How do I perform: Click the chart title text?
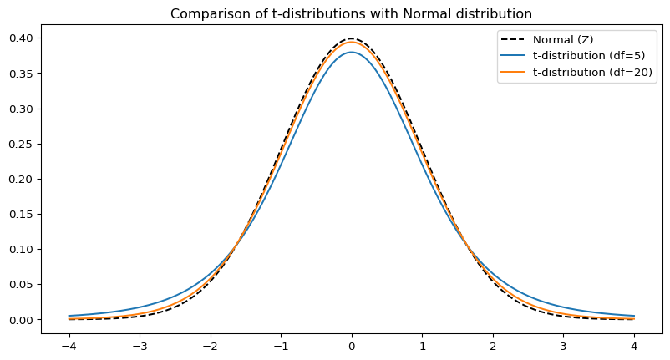[x=351, y=13]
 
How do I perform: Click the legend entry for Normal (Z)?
[x=563, y=40]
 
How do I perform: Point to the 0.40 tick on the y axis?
[x=20, y=38]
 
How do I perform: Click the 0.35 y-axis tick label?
[x=20, y=74]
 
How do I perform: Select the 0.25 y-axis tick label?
[x=20, y=144]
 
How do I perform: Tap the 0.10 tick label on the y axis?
[x=20, y=250]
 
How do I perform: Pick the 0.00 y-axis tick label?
[x=20, y=320]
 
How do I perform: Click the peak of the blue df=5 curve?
[x=352, y=52]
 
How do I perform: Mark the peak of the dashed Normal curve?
[x=352, y=38]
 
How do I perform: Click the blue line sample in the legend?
[x=513, y=57]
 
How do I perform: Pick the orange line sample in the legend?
[x=513, y=74]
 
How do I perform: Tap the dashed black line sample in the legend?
[x=513, y=40]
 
